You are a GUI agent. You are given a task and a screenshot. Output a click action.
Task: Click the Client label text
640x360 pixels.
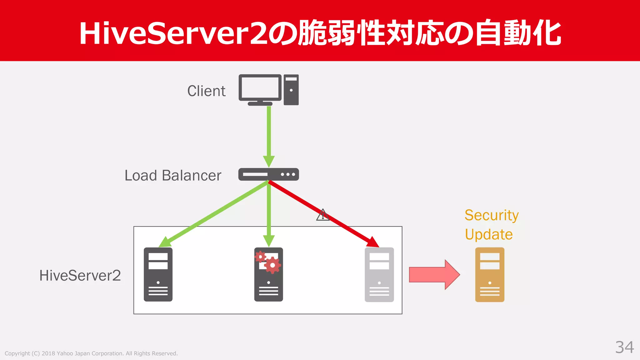[x=206, y=91]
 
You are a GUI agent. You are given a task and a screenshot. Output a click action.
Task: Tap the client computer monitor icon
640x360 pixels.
[x=260, y=88]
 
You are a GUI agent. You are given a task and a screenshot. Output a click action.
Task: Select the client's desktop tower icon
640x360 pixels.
[x=291, y=90]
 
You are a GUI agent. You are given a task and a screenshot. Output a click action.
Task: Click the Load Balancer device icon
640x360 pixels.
[x=268, y=174]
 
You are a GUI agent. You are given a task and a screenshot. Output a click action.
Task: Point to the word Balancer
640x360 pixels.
[x=192, y=176]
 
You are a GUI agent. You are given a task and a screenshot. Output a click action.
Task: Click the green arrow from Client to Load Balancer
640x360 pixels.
[x=269, y=134]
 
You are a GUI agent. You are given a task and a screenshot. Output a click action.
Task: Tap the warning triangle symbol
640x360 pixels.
[x=322, y=215]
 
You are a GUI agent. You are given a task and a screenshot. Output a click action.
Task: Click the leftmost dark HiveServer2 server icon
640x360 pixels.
[x=158, y=274]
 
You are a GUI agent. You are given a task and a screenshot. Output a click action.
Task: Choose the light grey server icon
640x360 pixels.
[x=379, y=274]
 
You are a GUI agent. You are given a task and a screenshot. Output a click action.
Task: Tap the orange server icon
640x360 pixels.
[x=490, y=274]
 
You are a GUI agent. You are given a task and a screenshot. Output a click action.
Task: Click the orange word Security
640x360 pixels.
[x=492, y=216]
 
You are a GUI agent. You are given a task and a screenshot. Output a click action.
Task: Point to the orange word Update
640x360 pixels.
[x=489, y=234]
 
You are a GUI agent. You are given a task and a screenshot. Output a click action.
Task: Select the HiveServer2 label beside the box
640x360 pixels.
[x=80, y=276]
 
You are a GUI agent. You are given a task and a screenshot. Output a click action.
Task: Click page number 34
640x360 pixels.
[x=624, y=347]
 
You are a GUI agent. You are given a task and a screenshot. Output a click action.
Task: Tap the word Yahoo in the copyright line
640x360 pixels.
[x=65, y=353]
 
